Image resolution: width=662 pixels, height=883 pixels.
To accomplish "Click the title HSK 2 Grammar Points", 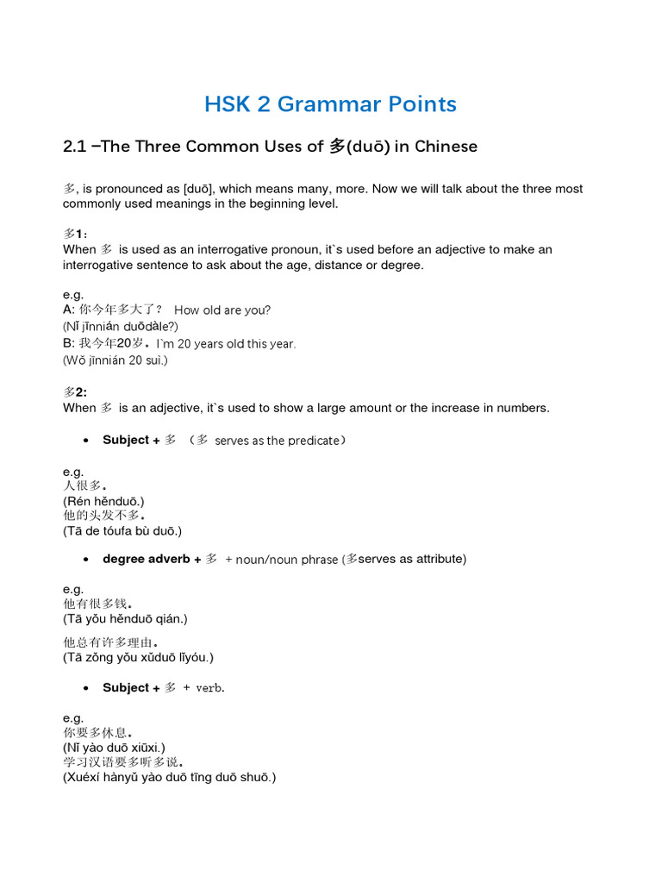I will tap(330, 104).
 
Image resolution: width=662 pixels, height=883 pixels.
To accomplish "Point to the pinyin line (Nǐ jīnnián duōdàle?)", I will tap(120, 326).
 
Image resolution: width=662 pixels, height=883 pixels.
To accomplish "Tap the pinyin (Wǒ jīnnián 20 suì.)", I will tap(115, 360).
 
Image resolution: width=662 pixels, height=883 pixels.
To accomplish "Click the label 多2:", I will tap(75, 391).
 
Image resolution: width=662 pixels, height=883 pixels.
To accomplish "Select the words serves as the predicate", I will tap(277, 441).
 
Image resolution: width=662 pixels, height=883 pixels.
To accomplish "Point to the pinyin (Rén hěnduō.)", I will tap(103, 501).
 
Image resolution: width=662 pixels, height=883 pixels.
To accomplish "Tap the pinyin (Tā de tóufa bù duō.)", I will tap(122, 531).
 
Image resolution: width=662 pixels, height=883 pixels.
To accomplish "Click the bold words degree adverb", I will tap(146, 559).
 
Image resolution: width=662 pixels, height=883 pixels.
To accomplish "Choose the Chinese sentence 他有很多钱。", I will tap(98, 604).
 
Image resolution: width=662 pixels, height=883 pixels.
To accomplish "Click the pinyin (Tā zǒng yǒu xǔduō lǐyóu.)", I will tap(138, 657).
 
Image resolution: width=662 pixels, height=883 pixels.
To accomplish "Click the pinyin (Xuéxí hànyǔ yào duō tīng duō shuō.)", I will tap(169, 778).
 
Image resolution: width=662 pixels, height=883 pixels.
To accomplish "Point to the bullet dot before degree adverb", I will tap(86, 560).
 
